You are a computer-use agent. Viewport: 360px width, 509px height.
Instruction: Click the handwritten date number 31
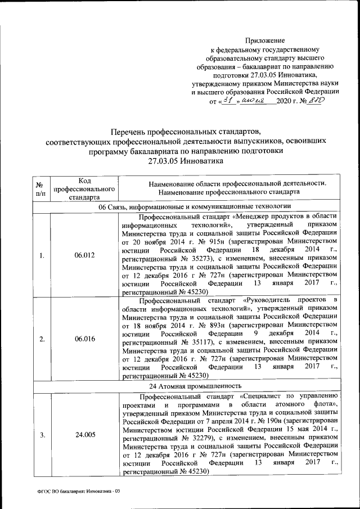click(x=228, y=100)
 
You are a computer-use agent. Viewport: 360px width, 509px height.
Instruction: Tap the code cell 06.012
click(x=84, y=255)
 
